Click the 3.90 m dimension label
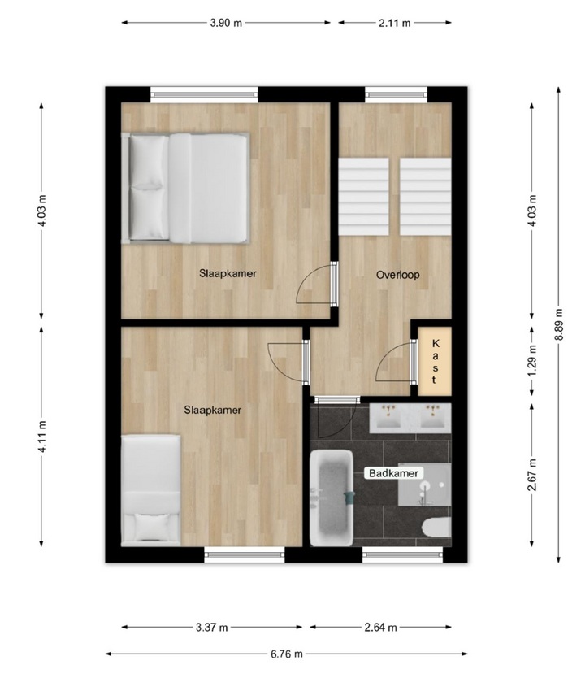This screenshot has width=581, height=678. (x=226, y=23)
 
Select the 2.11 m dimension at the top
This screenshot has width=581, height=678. (x=394, y=23)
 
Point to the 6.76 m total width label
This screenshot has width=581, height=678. (x=287, y=654)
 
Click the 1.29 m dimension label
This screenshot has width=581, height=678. (x=532, y=360)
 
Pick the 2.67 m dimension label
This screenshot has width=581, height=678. (x=532, y=475)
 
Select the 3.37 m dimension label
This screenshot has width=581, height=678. (x=211, y=627)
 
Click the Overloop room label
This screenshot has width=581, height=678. (x=397, y=275)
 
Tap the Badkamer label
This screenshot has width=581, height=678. (x=393, y=473)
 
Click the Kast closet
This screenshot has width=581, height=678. (x=435, y=361)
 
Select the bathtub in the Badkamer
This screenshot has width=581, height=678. (x=332, y=498)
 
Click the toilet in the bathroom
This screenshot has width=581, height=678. (x=436, y=528)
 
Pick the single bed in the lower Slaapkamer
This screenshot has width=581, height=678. (x=151, y=490)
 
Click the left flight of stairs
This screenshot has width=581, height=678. (x=363, y=196)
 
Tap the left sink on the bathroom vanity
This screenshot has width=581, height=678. (x=388, y=416)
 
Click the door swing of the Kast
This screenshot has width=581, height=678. (x=392, y=361)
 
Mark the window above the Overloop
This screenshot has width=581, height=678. (x=396, y=94)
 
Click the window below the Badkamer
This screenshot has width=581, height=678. (x=402, y=554)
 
